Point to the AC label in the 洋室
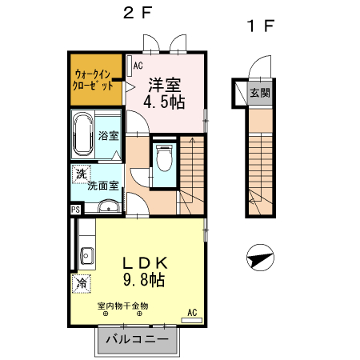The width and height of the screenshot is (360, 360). click(x=138, y=66)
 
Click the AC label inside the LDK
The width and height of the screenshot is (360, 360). click(x=192, y=312)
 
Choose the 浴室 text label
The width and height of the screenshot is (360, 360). click(x=108, y=137)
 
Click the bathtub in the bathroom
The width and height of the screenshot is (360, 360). click(x=82, y=136)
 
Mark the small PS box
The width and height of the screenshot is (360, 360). click(x=75, y=210)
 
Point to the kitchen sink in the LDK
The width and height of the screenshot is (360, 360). click(x=86, y=257)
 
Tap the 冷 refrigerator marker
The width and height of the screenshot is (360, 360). click(x=82, y=282)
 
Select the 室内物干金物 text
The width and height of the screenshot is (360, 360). click(x=122, y=306)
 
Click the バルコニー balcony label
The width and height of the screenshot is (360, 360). click(x=136, y=339)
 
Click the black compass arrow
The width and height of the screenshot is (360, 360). click(x=260, y=258)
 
